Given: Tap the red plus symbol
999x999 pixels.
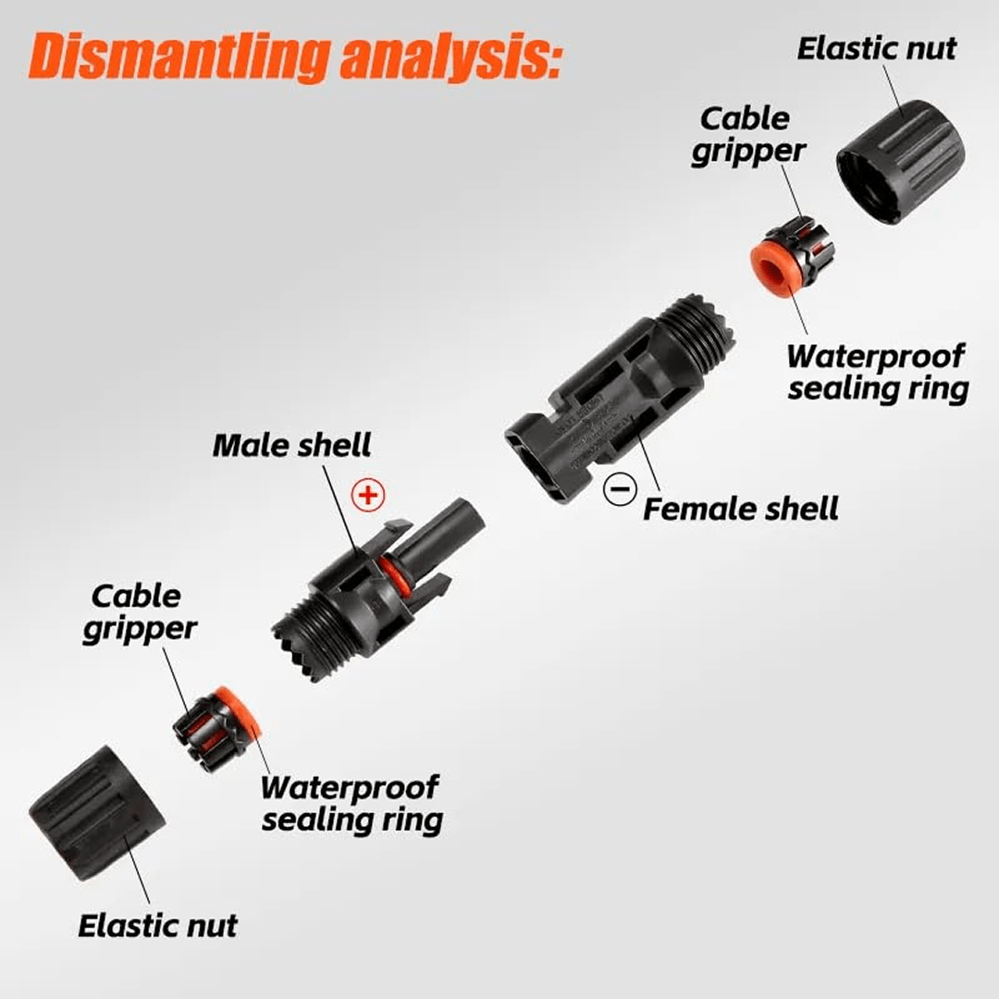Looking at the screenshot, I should [369, 495].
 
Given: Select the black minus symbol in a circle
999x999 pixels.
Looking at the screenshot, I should [619, 487].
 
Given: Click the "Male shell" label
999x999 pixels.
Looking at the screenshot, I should [291, 445].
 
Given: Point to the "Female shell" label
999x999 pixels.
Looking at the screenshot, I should [741, 509].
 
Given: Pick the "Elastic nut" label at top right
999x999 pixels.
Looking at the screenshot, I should [876, 48].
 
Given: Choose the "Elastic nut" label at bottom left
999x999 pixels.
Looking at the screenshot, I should [157, 926].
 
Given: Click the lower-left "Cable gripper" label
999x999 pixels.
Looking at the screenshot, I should [140, 612].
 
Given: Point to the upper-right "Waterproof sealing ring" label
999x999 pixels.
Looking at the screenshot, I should [877, 372].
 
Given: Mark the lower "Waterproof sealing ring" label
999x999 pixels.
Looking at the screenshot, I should [350, 803].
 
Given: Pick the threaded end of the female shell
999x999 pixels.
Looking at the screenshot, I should [694, 333].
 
